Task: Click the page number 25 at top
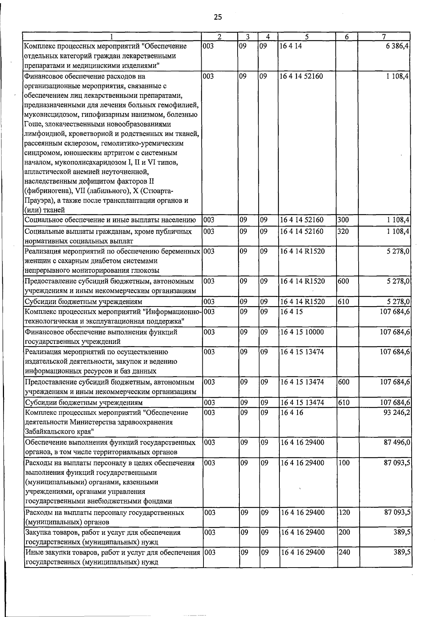218,17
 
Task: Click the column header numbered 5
307,36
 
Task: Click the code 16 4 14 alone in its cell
291,47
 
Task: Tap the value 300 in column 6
343,220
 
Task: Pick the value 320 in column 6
343,231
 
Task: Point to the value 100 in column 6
344,463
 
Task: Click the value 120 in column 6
344,513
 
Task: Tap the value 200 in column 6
344,532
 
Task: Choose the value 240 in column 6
344,552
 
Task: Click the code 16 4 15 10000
302,332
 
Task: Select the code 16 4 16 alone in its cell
291,413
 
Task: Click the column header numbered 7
384,36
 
